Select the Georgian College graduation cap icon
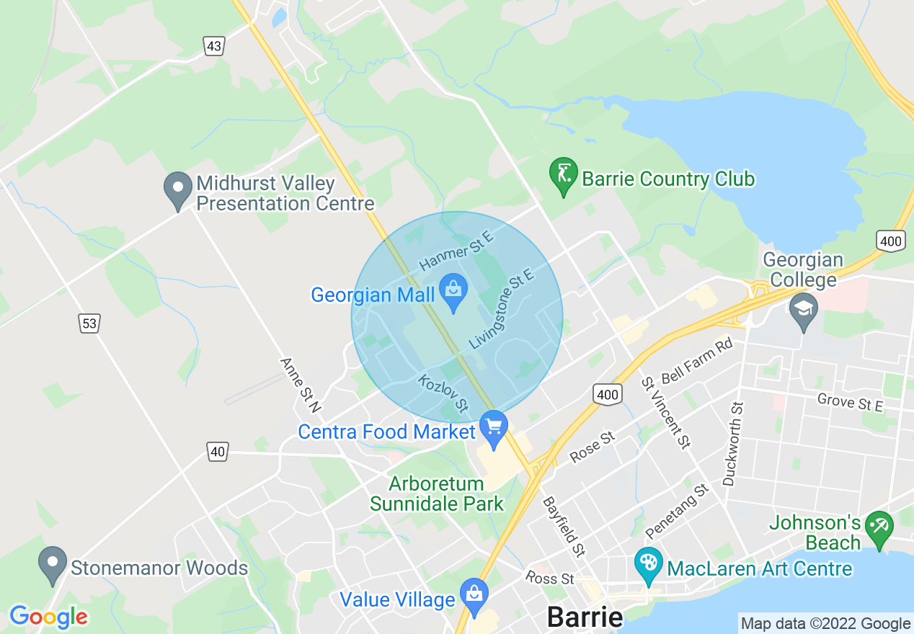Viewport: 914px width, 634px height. pyautogui.click(x=803, y=310)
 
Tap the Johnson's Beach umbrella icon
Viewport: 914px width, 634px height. pyautogui.click(x=879, y=527)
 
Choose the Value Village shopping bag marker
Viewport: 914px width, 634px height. pyautogui.click(x=474, y=595)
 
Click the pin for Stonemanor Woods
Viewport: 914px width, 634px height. pyautogui.click(x=51, y=563)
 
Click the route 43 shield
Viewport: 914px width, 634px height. pyautogui.click(x=213, y=47)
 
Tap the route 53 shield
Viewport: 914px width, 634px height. pyautogui.click(x=89, y=324)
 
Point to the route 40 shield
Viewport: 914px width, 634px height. pyautogui.click(x=218, y=452)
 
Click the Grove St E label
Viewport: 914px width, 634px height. pyautogui.click(x=850, y=402)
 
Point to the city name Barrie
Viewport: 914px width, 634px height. pyautogui.click(x=585, y=617)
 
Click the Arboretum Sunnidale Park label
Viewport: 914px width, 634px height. pyautogui.click(x=437, y=493)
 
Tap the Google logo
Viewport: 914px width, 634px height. pyautogui.click(x=48, y=617)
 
